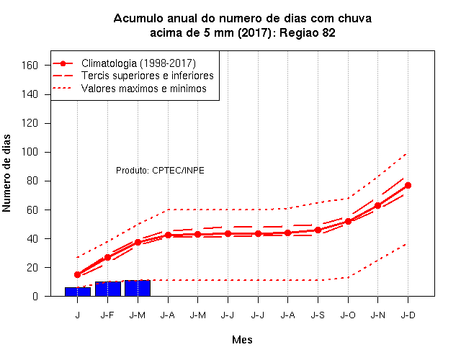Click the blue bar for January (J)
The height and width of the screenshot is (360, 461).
click(78, 292)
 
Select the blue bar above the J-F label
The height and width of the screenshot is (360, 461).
click(108, 289)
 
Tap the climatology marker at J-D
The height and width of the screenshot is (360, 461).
click(408, 186)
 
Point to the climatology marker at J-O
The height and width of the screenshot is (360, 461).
click(348, 221)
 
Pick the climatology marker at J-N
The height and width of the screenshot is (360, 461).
click(377, 205)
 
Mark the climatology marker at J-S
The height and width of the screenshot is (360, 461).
click(318, 230)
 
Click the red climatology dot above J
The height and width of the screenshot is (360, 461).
click(77, 275)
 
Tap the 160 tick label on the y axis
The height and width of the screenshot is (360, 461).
click(30, 66)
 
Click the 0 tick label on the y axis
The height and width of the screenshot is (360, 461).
click(35, 296)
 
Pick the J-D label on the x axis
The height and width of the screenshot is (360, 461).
click(408, 315)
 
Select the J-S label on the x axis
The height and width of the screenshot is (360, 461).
click(318, 315)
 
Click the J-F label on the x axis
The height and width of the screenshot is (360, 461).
click(107, 315)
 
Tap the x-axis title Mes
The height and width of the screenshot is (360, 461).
click(242, 340)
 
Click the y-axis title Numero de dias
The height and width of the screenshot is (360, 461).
click(6, 173)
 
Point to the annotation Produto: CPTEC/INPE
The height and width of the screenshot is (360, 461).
click(160, 171)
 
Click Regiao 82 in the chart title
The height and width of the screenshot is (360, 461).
click(308, 32)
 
